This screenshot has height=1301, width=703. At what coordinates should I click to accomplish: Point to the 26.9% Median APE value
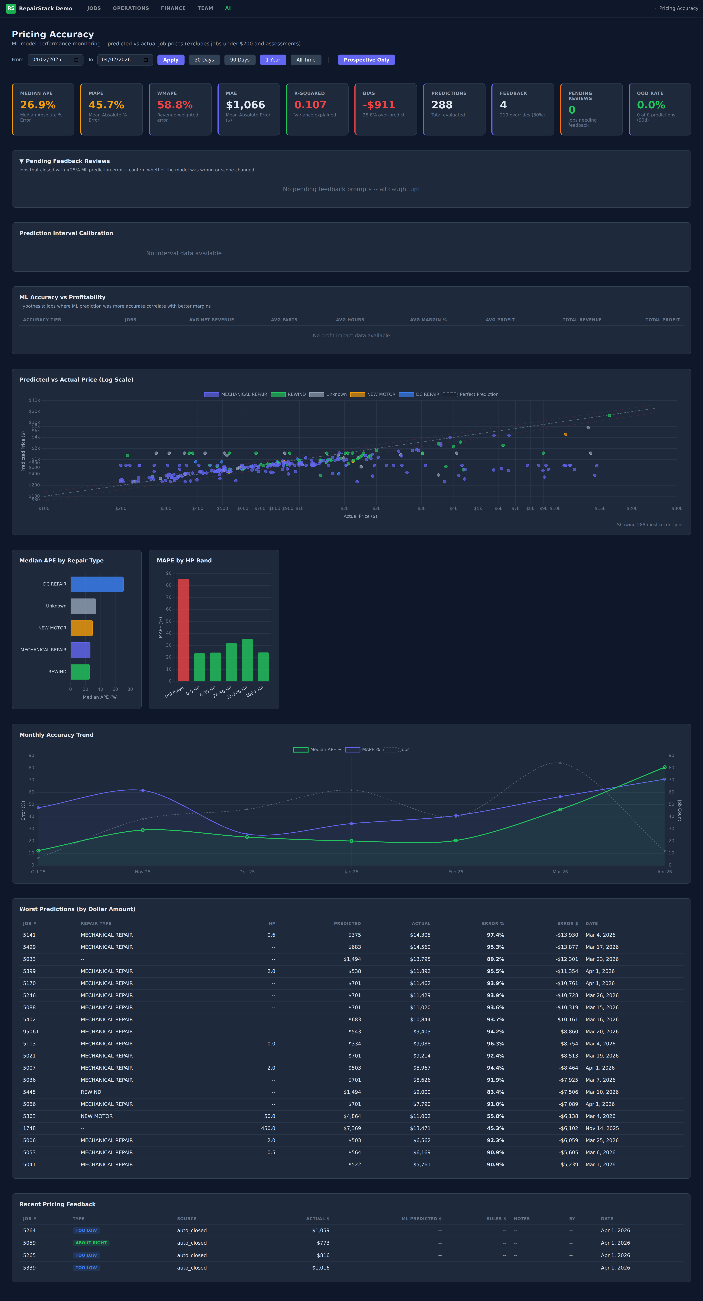[x=38, y=105]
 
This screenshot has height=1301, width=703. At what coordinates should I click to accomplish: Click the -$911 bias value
[x=379, y=105]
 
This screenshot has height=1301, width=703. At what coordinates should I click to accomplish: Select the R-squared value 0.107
[x=310, y=105]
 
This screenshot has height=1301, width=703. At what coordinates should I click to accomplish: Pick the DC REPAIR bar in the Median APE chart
[x=97, y=584]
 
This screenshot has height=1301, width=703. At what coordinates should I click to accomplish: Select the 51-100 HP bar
[x=248, y=660]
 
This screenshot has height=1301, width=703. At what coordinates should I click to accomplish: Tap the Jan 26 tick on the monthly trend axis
[x=351, y=872]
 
